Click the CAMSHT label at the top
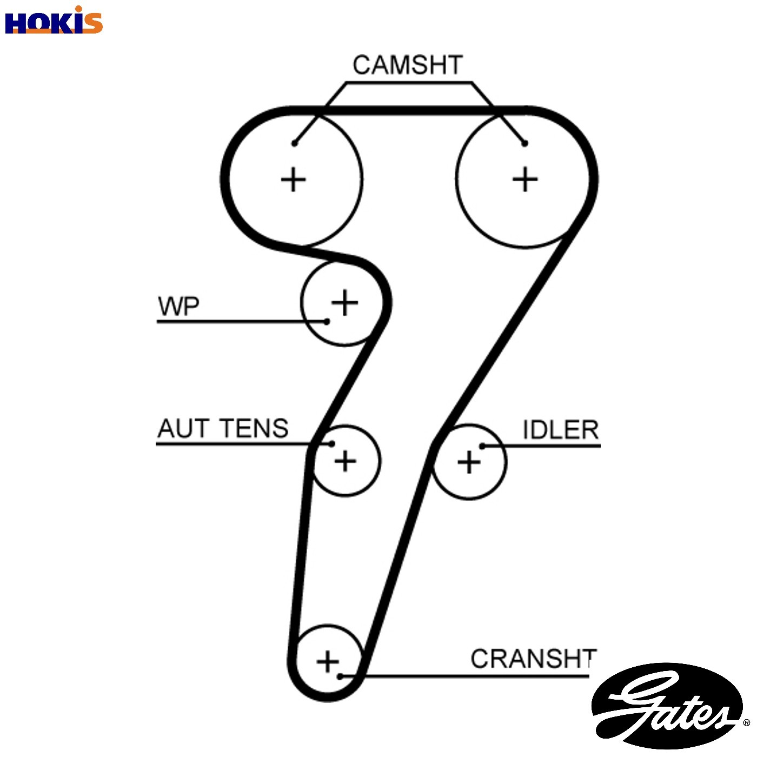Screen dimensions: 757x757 pyautogui.click(x=407, y=65)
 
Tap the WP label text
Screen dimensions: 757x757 pyautogui.click(x=178, y=307)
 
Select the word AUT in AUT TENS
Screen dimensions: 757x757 pyautogui.click(x=183, y=428)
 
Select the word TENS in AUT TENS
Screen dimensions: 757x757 pyautogui.click(x=254, y=428)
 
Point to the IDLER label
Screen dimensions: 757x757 pyautogui.click(x=560, y=430)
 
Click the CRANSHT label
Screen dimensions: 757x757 pyautogui.click(x=534, y=659)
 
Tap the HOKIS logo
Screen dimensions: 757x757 pyautogui.click(x=54, y=21)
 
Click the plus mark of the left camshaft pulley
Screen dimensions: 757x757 pyautogui.click(x=293, y=180)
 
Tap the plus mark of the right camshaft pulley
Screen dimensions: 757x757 pyautogui.click(x=525, y=179)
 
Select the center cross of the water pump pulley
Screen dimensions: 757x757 pyautogui.click(x=344, y=302)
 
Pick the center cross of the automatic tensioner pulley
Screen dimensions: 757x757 pyautogui.click(x=345, y=461)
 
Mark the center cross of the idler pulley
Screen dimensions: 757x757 pyautogui.click(x=469, y=462)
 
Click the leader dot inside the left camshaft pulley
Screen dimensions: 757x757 pyautogui.click(x=294, y=143)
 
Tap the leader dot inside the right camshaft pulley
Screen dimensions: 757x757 pyautogui.click(x=524, y=143)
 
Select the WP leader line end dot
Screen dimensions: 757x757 pyautogui.click(x=327, y=321)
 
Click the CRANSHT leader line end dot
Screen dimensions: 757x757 pyautogui.click(x=340, y=676)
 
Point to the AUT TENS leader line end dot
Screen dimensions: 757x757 pyautogui.click(x=332, y=444)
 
